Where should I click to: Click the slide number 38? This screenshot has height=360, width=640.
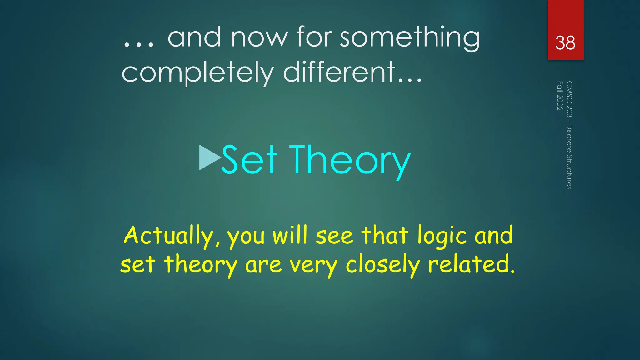tap(565, 43)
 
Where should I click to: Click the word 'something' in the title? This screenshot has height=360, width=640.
tap(410, 37)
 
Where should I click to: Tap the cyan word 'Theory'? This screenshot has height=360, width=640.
tap(350, 161)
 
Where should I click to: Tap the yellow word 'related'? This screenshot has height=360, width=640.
tap(471, 264)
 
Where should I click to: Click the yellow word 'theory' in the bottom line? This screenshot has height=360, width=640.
tap(201, 265)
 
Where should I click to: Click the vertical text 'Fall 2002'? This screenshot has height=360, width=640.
tap(560, 96)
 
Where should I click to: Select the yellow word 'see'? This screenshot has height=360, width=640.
tap(334, 236)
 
